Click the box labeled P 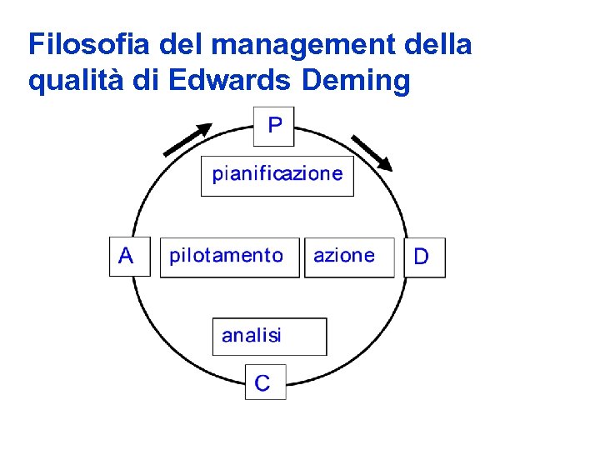point(274,126)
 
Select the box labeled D point(424,257)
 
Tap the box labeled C point(265,382)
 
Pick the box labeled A point(129,255)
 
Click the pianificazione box point(277,175)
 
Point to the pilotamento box point(228,256)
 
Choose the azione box point(348,256)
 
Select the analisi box point(269,336)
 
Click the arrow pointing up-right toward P point(187,139)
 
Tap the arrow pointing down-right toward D point(371,152)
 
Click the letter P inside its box point(275,126)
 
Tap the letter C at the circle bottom point(262,383)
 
